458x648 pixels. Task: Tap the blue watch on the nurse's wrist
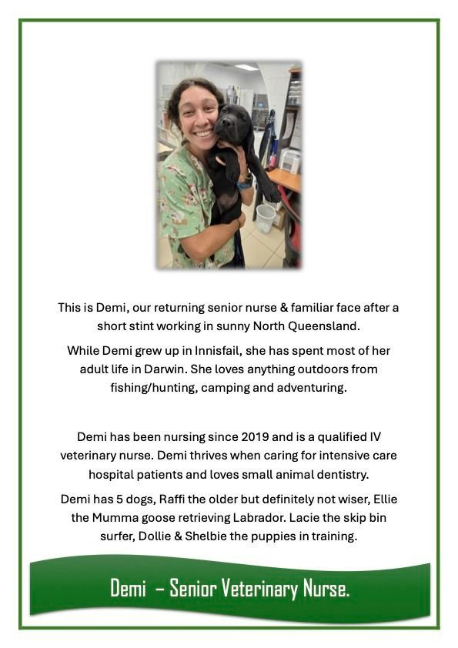(245, 183)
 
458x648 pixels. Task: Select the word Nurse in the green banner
(328, 590)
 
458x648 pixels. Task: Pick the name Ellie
(380, 499)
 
